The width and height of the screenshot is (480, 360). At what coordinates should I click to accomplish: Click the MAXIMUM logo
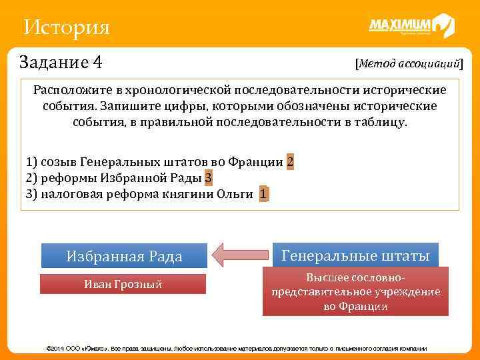[411, 26]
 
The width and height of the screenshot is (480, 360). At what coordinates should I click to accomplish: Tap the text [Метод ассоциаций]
[409, 63]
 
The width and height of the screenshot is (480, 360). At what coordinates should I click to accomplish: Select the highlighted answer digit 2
[290, 162]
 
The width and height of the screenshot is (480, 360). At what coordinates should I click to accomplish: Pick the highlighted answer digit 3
[209, 178]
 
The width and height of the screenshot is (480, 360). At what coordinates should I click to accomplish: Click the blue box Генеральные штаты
[355, 255]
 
